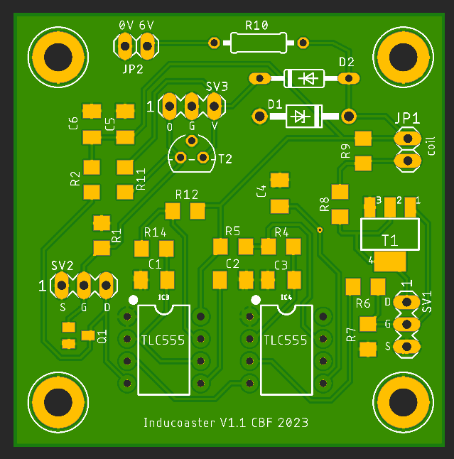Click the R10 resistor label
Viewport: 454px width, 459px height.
click(x=256, y=25)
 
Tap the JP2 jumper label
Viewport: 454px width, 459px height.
click(x=133, y=69)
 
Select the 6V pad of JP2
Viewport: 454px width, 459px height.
click(x=147, y=48)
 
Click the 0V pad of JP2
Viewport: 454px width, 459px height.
click(x=124, y=48)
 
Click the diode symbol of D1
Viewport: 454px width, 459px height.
click(x=303, y=115)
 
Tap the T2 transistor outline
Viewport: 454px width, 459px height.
click(x=191, y=157)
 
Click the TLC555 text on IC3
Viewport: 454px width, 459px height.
click(x=163, y=340)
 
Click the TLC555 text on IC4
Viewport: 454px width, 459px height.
click(x=286, y=340)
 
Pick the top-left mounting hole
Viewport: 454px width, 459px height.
click(x=54, y=55)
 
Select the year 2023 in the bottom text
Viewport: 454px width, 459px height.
click(x=293, y=423)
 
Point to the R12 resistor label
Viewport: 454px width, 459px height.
click(x=186, y=194)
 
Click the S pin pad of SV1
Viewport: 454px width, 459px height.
click(x=407, y=346)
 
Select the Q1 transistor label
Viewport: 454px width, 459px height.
click(x=102, y=337)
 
